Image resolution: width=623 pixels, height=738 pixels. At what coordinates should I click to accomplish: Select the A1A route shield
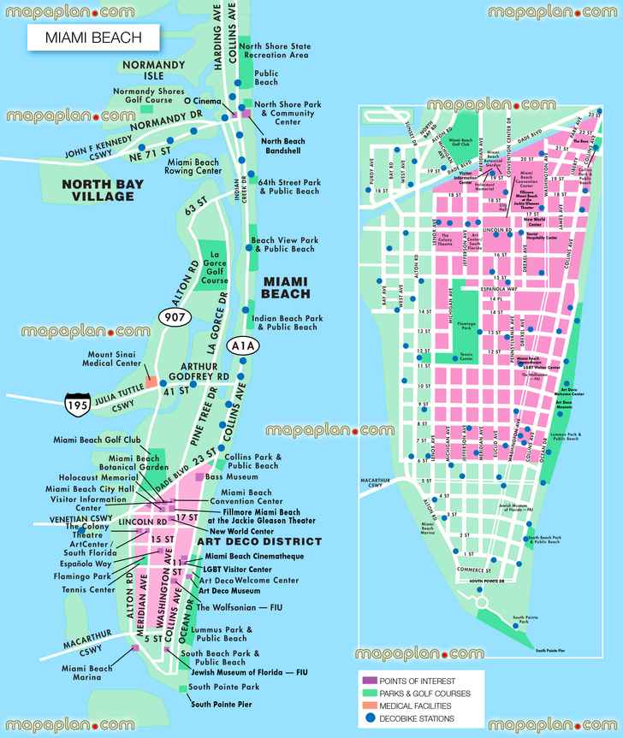[244, 345]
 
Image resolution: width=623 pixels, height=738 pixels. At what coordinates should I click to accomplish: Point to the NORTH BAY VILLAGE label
[92, 189]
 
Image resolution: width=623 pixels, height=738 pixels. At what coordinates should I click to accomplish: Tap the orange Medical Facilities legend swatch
[365, 706]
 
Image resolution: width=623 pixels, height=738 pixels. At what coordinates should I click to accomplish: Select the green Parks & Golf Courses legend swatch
[365, 692]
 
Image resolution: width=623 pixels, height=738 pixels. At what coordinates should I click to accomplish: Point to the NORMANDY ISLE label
[154, 68]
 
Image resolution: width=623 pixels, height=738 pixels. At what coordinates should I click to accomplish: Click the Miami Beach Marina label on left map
[86, 673]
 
